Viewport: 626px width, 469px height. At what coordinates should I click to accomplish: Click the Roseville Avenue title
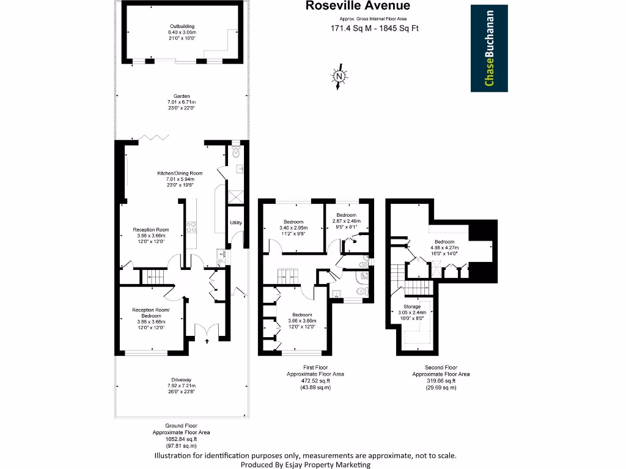coord(358,6)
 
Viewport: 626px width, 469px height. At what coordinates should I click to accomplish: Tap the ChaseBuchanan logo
coord(489,48)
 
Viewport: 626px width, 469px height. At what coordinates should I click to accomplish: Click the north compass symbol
coord(338,77)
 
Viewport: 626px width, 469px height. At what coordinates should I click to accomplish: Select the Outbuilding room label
coord(182,26)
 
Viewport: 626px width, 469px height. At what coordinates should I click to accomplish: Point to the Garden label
coord(182,96)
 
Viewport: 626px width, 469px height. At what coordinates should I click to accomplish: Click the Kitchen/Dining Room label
coord(180,173)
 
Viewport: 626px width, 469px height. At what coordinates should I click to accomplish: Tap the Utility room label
coord(236,223)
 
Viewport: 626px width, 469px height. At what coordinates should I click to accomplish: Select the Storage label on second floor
coord(412,306)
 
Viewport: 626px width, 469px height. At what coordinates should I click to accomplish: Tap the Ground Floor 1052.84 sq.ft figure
coord(180,439)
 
